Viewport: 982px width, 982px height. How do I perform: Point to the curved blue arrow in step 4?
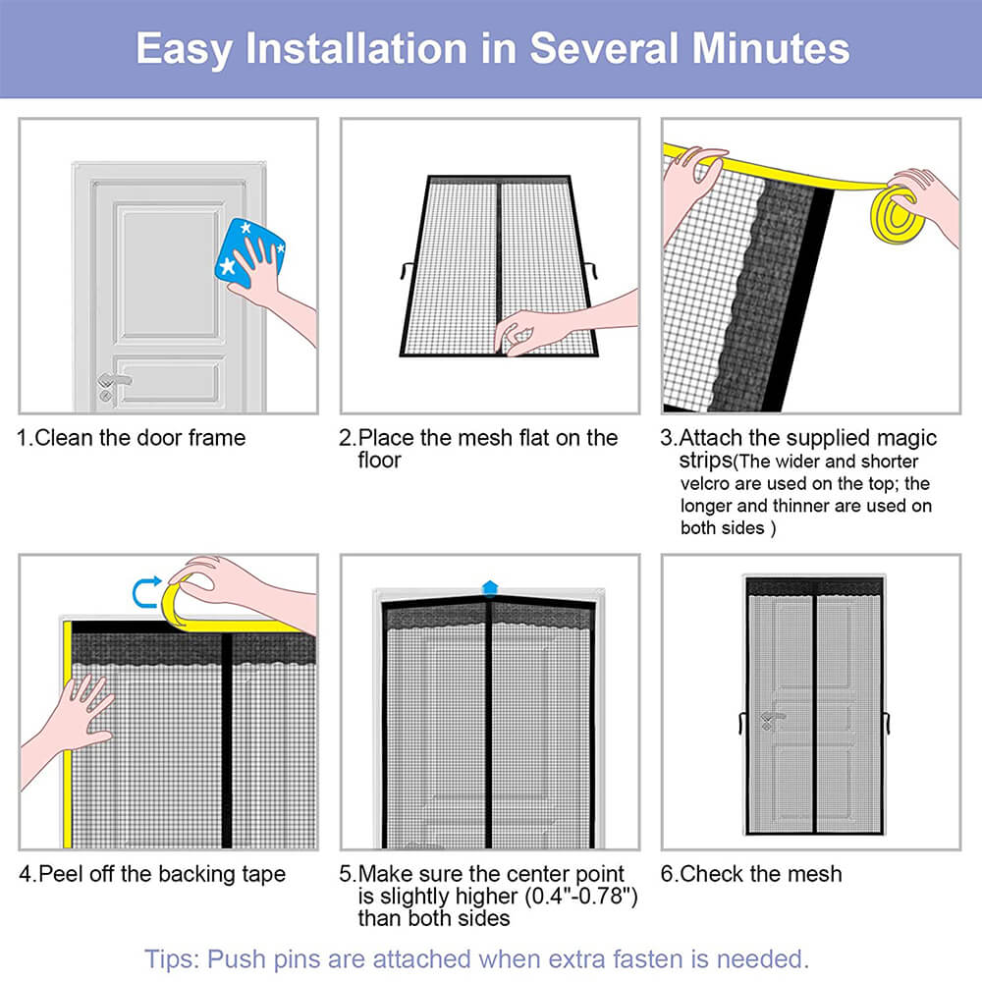point(144,591)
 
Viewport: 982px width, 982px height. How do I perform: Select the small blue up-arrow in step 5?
point(489,587)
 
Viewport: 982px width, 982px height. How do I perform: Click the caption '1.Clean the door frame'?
point(131,437)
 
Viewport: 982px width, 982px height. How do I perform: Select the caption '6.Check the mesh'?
point(751,873)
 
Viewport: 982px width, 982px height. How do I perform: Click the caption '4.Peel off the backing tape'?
point(151,873)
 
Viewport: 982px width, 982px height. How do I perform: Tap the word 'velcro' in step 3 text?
point(708,484)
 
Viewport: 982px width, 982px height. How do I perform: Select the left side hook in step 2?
point(409,266)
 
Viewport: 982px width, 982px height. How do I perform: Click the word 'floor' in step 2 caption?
point(379,460)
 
